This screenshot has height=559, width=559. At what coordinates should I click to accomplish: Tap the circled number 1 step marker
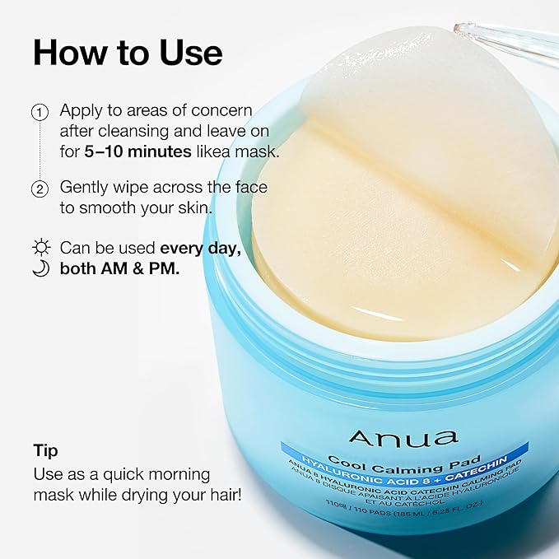pyautogui.click(x=40, y=111)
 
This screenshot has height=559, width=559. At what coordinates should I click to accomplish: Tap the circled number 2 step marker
pyautogui.click(x=40, y=189)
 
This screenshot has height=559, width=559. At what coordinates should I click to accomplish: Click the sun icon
pyautogui.click(x=40, y=248)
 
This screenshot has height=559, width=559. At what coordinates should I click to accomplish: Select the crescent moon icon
pyautogui.click(x=40, y=269)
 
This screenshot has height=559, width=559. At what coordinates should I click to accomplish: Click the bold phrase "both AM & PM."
pyautogui.click(x=119, y=269)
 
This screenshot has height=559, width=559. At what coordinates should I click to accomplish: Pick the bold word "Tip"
pyautogui.click(x=45, y=451)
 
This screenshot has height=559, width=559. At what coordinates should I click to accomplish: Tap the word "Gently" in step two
pyautogui.click(x=86, y=188)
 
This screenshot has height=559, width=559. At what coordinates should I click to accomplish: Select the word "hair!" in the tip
pyautogui.click(x=221, y=496)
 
